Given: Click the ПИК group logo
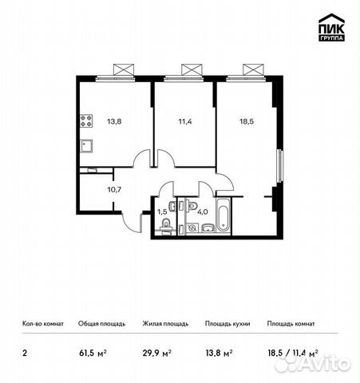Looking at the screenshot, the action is (x=331, y=27).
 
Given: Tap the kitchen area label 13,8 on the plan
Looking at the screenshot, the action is (x=114, y=121).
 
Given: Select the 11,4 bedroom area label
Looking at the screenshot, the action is (x=185, y=121).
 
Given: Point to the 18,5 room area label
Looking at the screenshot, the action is (x=247, y=121).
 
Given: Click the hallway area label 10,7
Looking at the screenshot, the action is (x=114, y=190).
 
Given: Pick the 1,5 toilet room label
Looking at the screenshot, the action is (x=162, y=211).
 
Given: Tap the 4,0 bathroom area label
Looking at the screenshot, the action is (x=203, y=211).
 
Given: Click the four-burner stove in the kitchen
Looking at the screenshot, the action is (x=86, y=121).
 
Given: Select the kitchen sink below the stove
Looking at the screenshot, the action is (x=86, y=146).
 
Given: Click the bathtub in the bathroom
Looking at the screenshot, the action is (x=224, y=215).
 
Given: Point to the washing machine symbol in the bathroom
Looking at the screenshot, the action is (x=192, y=227).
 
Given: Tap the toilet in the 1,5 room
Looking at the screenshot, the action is (x=166, y=226).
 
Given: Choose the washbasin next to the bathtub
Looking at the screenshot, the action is (x=208, y=228).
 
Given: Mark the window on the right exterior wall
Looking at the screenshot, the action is (x=279, y=166).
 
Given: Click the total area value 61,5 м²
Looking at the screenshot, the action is (x=93, y=353).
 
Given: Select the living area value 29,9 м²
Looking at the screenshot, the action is (x=157, y=353).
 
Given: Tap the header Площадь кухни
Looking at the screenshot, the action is (x=227, y=324).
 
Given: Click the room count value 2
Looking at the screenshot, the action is (x=25, y=353).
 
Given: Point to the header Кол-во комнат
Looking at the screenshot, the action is (x=43, y=324).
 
